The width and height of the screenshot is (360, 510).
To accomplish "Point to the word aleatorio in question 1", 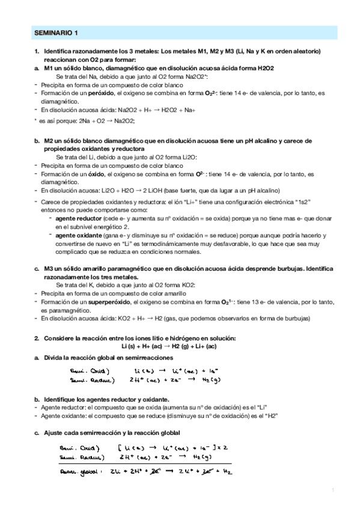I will (x=299, y=52).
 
